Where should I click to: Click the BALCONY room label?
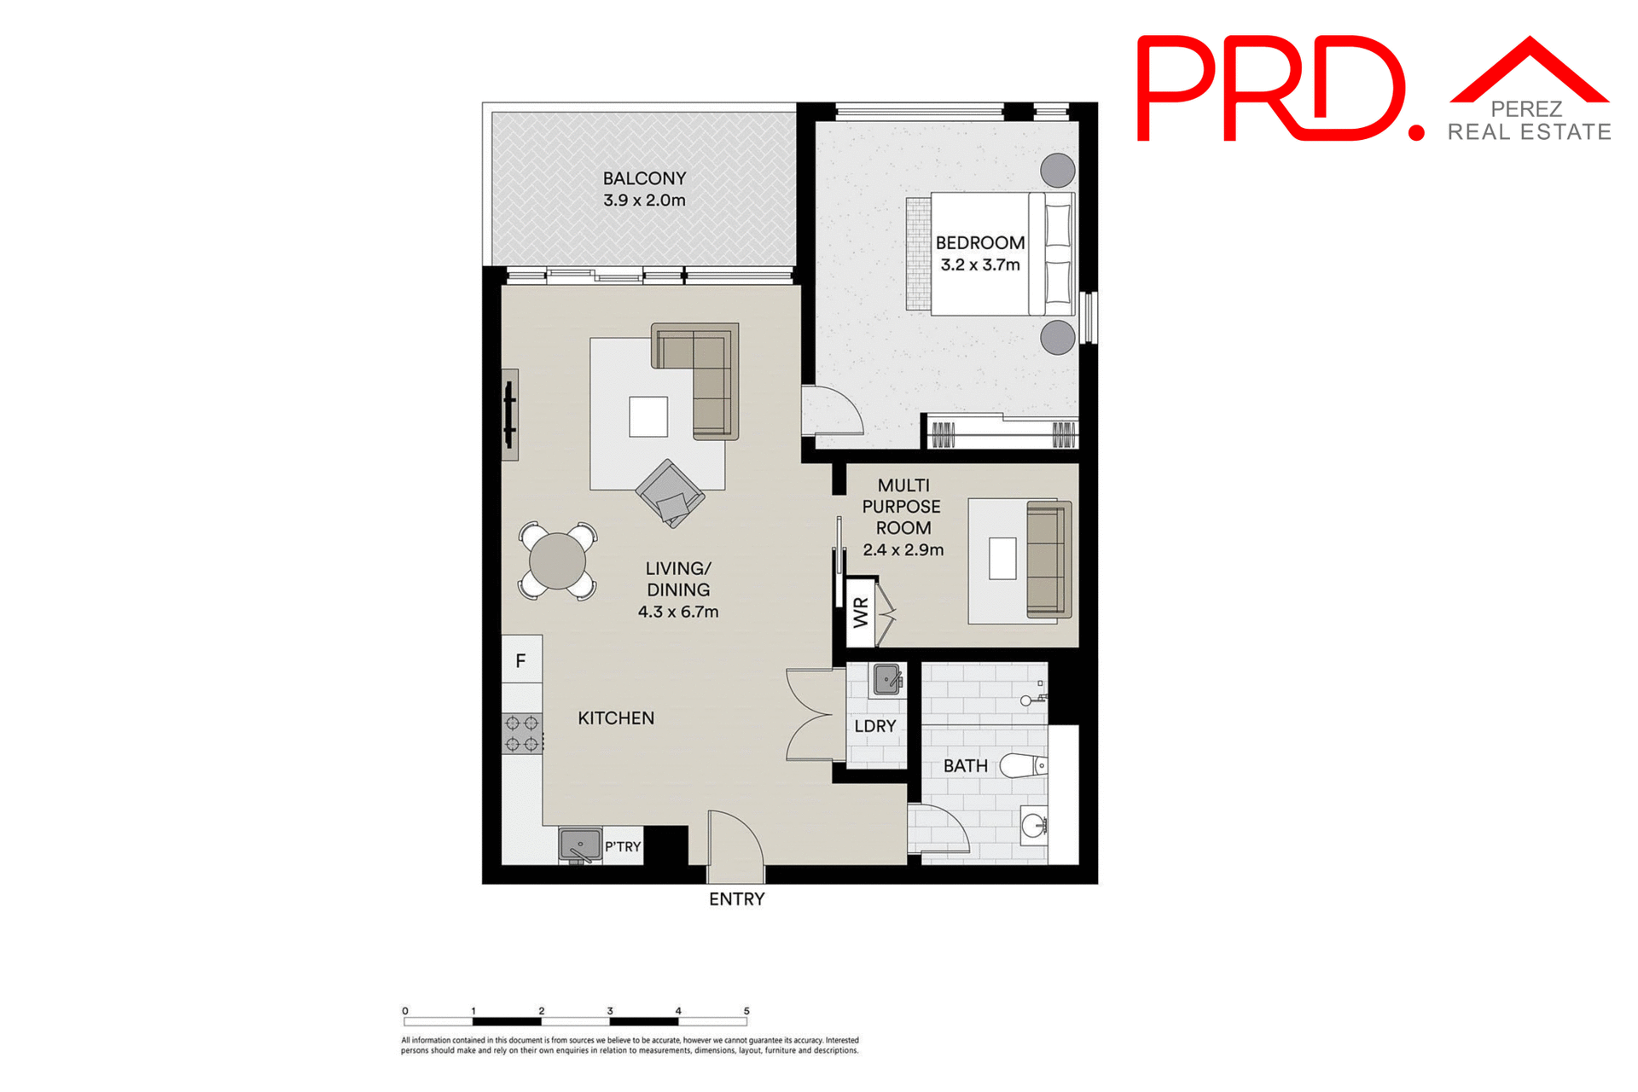(644, 178)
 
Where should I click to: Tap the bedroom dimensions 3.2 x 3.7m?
(980, 265)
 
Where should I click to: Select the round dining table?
(557, 561)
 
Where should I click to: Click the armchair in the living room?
(670, 493)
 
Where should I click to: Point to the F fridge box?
(521, 660)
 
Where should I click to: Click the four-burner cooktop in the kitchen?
(522, 734)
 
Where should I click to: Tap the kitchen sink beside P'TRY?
(580, 845)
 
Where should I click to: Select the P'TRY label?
(623, 847)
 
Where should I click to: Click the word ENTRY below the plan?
(736, 899)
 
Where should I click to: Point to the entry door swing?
(735, 840)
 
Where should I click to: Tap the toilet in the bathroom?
(1024, 765)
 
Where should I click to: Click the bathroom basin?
(1034, 825)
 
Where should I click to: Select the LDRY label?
(875, 726)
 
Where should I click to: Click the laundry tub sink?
(887, 681)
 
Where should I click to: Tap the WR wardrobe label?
(861, 613)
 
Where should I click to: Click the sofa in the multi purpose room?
(1048, 560)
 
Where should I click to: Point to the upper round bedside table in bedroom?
(1058, 170)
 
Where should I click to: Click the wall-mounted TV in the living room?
(509, 415)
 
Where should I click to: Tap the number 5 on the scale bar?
(746, 1011)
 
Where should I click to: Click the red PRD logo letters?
(1271, 89)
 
